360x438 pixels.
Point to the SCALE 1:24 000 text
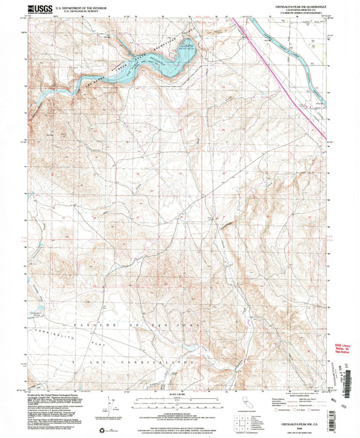tap(178, 375)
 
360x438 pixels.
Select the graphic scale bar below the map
tap(178, 381)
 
